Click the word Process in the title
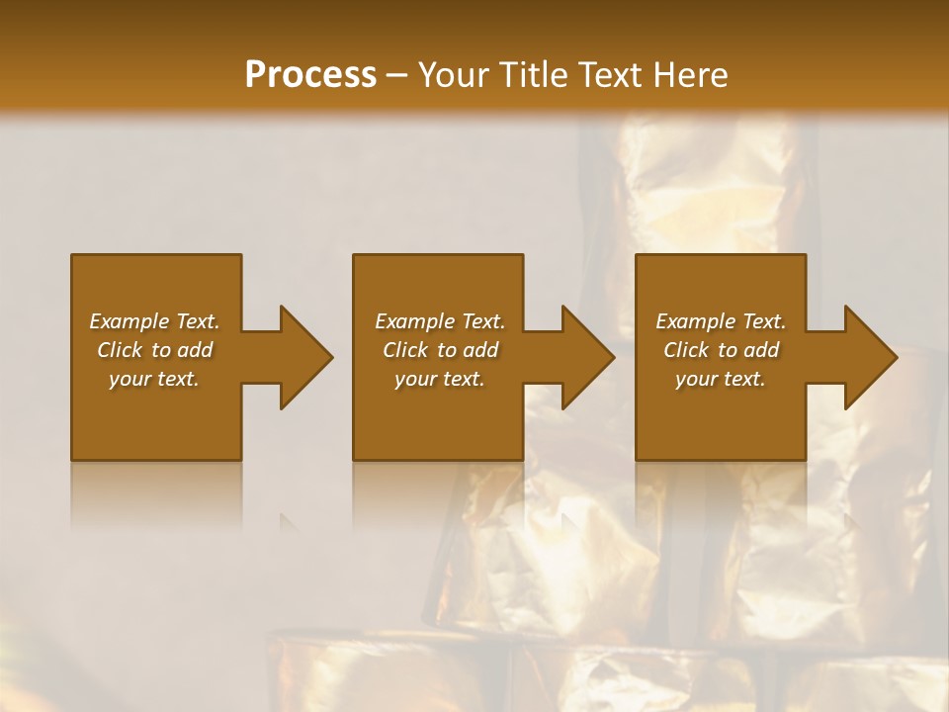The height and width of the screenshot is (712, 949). tap(310, 75)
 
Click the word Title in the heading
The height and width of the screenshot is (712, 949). tap(534, 75)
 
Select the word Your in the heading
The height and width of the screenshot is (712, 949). tap(457, 75)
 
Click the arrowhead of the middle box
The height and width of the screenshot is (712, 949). tap(587, 357)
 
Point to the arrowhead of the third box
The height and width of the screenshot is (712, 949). tap(870, 357)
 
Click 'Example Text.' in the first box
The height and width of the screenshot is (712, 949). tap(154, 321)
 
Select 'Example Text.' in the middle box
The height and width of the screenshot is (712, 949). tap(440, 321)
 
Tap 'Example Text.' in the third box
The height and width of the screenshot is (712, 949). tap(721, 321)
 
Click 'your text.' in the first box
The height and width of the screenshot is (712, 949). tap(154, 379)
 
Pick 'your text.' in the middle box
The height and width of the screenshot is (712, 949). tap(440, 379)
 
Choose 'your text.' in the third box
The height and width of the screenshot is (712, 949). tap(721, 379)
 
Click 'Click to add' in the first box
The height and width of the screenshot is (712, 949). tap(154, 350)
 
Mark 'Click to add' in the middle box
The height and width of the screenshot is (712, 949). tap(440, 350)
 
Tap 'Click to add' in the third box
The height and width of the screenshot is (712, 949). tap(721, 350)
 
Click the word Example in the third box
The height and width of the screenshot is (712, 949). tap(696, 321)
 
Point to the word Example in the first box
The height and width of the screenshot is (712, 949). tap(129, 321)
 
